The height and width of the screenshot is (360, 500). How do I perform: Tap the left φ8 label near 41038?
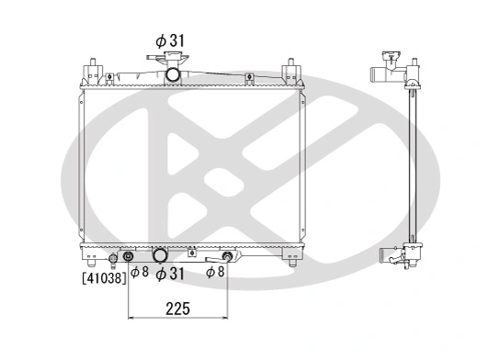[x=139, y=271]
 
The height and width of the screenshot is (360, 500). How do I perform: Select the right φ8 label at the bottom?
[x=215, y=271]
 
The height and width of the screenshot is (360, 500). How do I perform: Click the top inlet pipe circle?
[x=174, y=73]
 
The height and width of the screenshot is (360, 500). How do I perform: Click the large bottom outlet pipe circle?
[x=160, y=255]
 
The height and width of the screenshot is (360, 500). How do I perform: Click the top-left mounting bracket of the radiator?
[x=93, y=71]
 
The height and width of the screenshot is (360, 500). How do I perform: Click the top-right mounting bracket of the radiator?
[x=291, y=71]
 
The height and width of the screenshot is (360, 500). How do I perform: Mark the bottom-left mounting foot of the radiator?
[x=93, y=264]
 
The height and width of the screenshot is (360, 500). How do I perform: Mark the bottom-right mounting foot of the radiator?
[x=292, y=264]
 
